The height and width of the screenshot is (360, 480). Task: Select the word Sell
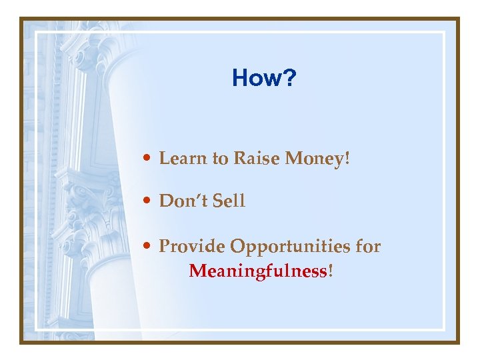229,201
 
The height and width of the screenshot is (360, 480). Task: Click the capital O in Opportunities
237,247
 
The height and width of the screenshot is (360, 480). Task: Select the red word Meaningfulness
258,271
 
